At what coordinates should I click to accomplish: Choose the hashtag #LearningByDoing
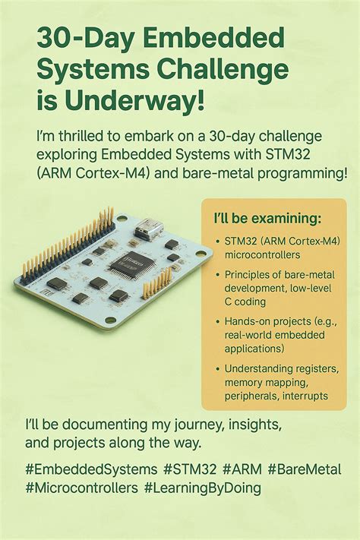201,488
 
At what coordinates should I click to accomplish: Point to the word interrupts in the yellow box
304,396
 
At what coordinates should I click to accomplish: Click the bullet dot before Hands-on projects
217,322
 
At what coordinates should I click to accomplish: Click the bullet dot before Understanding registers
217,368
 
